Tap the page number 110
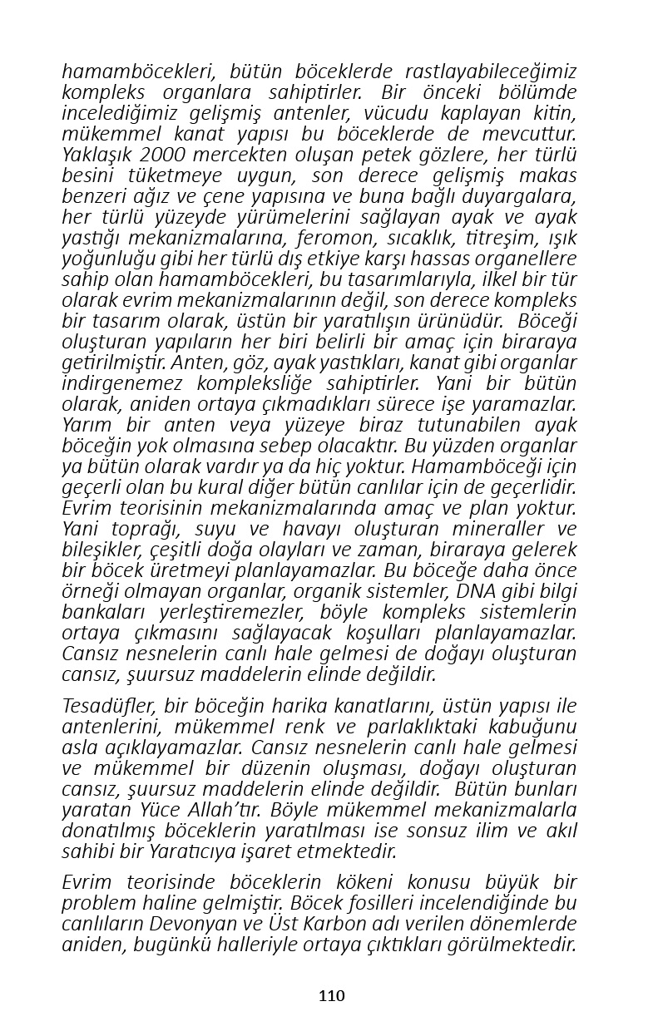(x=331, y=995)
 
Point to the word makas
(x=549, y=175)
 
